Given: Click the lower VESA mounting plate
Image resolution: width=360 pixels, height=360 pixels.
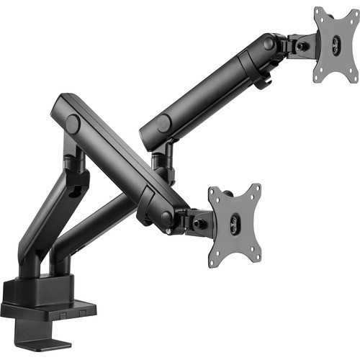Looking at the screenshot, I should point(234,220).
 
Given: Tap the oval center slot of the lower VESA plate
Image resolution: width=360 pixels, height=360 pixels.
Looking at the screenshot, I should point(236,222).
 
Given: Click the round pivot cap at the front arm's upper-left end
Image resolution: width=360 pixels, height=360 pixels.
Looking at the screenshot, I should point(73,123).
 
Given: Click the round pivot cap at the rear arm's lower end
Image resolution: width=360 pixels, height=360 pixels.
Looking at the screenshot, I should point(163,124).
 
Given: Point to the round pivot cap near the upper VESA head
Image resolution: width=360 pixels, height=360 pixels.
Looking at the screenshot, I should point(269,44).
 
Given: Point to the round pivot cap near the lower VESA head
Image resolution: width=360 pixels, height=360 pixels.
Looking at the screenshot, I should point(167,216).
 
